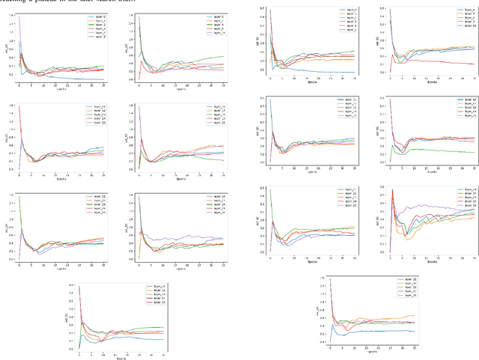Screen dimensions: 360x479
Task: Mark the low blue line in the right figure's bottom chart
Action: (x=389, y=330)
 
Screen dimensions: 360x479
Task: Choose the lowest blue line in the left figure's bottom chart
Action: (x=142, y=338)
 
